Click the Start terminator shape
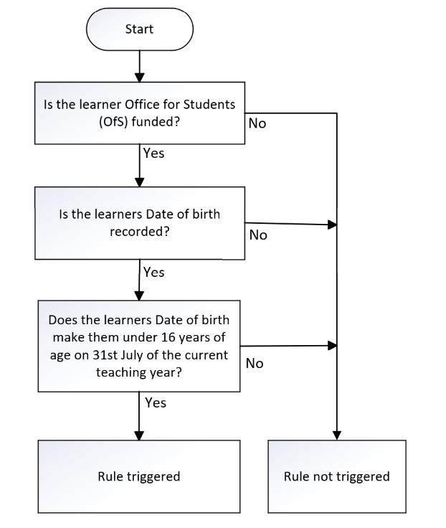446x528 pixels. pos(140,29)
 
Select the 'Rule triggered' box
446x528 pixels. pos(139,476)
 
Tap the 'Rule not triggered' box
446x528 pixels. pos(337,476)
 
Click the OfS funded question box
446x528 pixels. pos(140,113)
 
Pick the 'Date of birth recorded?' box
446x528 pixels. pos(140,223)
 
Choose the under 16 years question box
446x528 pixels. pos(139,346)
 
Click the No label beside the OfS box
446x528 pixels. pos(257,123)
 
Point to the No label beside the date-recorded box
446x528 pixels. pos(258,235)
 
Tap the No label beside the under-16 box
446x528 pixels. pos(255,363)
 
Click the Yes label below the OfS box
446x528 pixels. pos(154,154)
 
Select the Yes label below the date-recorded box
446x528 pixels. pos(154,272)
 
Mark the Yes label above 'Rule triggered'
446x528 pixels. pos(156,402)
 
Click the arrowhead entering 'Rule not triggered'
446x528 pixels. pos(337,435)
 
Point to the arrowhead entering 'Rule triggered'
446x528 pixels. pos(139,435)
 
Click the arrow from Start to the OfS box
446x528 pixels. pos(139,66)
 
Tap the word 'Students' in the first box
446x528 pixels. pos(209,105)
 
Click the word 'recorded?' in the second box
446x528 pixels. pos(139,232)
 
